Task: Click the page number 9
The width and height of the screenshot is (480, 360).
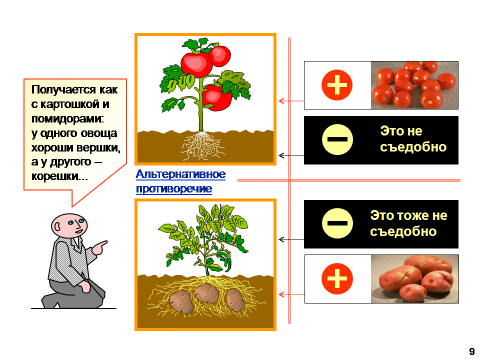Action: click(471, 351)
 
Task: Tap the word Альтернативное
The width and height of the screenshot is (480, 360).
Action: click(180, 174)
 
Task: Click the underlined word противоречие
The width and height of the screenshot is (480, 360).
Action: click(174, 188)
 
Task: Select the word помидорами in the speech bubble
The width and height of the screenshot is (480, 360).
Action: click(67, 118)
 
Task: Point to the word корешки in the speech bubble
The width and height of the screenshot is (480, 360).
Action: click(54, 176)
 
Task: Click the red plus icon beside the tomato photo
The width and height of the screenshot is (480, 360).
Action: click(337, 85)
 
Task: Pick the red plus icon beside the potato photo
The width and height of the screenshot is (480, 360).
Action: click(337, 278)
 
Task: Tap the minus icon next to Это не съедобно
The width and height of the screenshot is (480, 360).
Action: click(337, 139)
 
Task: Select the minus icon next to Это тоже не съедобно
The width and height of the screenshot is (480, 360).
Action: click(337, 223)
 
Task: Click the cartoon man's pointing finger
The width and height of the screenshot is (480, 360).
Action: click(102, 244)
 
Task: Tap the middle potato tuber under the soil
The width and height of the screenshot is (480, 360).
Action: click(206, 293)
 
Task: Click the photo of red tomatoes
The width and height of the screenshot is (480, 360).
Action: click(414, 85)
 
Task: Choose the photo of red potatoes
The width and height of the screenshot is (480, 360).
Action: click(415, 279)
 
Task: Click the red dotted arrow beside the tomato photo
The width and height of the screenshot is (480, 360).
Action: click(291, 100)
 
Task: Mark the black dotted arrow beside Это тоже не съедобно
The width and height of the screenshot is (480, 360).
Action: click(291, 239)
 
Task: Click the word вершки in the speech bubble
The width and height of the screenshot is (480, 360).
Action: click(98, 147)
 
